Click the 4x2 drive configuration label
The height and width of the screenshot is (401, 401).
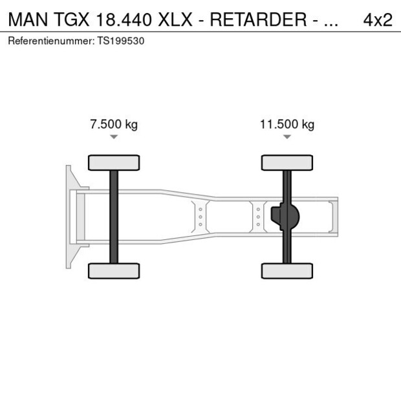(x=377, y=19)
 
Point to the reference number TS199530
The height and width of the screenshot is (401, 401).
(x=121, y=41)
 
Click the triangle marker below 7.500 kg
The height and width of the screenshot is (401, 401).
(x=114, y=137)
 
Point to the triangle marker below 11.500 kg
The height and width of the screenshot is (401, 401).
(x=287, y=137)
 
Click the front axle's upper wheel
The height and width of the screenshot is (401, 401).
(x=114, y=162)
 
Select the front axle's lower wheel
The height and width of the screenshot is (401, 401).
(x=114, y=270)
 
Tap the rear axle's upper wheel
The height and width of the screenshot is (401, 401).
(x=287, y=162)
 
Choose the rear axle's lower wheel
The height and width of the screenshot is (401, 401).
(x=287, y=270)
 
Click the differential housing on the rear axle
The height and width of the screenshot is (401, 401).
(x=288, y=217)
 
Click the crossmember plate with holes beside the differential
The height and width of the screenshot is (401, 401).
(x=258, y=217)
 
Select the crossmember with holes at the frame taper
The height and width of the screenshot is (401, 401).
(x=200, y=217)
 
